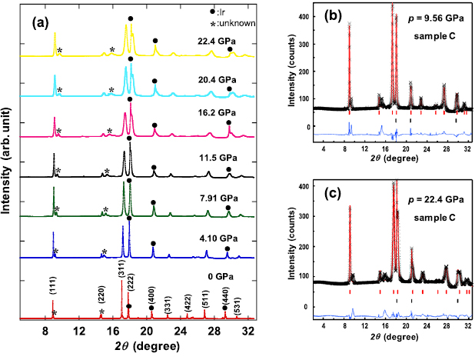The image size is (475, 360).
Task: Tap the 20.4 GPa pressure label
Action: (216, 79)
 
